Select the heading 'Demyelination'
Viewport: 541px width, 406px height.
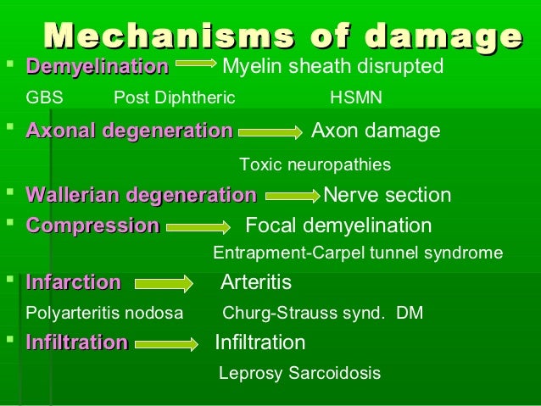click(97, 65)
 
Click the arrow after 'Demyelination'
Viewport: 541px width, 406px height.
click(197, 64)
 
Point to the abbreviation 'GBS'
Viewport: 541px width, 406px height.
click(45, 97)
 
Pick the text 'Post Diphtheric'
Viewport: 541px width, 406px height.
click(174, 97)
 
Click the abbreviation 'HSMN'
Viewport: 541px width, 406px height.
click(355, 97)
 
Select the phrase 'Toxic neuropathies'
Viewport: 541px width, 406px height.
click(315, 164)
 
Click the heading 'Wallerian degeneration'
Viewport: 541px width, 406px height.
click(141, 196)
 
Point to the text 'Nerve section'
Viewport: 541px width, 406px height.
click(388, 196)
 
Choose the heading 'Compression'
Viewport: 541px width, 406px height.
click(92, 226)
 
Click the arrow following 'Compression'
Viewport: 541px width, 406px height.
click(198, 227)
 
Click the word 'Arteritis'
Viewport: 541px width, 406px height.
click(255, 282)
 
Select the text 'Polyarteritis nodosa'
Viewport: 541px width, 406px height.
click(104, 313)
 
